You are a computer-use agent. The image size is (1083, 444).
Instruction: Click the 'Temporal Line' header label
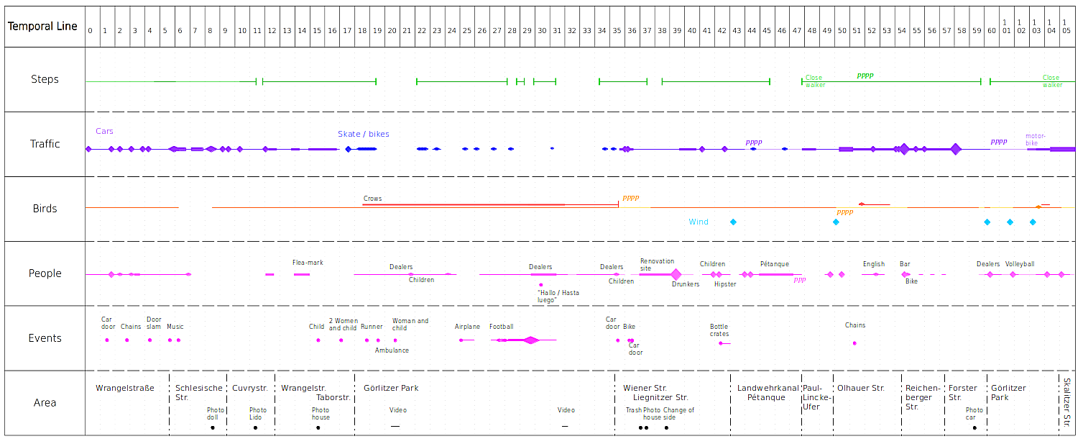pos(42,27)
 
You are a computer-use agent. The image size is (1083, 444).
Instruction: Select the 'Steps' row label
pos(45,79)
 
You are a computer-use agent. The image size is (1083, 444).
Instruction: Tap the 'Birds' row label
pos(45,209)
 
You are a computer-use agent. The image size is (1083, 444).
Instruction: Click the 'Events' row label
pos(45,338)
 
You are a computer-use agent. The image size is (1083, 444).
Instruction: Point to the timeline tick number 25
pos(466,31)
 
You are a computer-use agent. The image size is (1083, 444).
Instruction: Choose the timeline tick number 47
pos(796,31)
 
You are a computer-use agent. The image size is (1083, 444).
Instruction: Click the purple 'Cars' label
pos(104,132)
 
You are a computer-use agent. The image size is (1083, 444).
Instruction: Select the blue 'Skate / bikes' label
pos(364,135)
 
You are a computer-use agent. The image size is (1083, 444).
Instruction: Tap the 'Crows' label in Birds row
pos(372,199)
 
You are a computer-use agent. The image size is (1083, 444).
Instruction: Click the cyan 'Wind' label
pos(699,222)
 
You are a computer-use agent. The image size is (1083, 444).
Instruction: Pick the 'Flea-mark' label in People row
pos(308,263)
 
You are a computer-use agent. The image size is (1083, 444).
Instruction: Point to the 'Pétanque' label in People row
pos(775,264)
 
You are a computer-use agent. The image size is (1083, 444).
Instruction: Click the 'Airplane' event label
pos(467,327)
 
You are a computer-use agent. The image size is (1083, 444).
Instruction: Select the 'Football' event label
pos(502,327)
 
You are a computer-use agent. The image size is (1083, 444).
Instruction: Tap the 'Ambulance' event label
pos(392,350)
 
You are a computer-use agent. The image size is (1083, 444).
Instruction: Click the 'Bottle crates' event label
pos(719,330)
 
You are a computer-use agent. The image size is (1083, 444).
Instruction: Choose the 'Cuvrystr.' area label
pos(249,389)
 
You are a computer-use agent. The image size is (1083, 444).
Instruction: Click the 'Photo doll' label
pos(216,414)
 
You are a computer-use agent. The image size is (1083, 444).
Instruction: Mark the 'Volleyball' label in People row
pos(1020,264)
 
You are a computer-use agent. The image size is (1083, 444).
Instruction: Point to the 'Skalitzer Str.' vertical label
pos(1067,402)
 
